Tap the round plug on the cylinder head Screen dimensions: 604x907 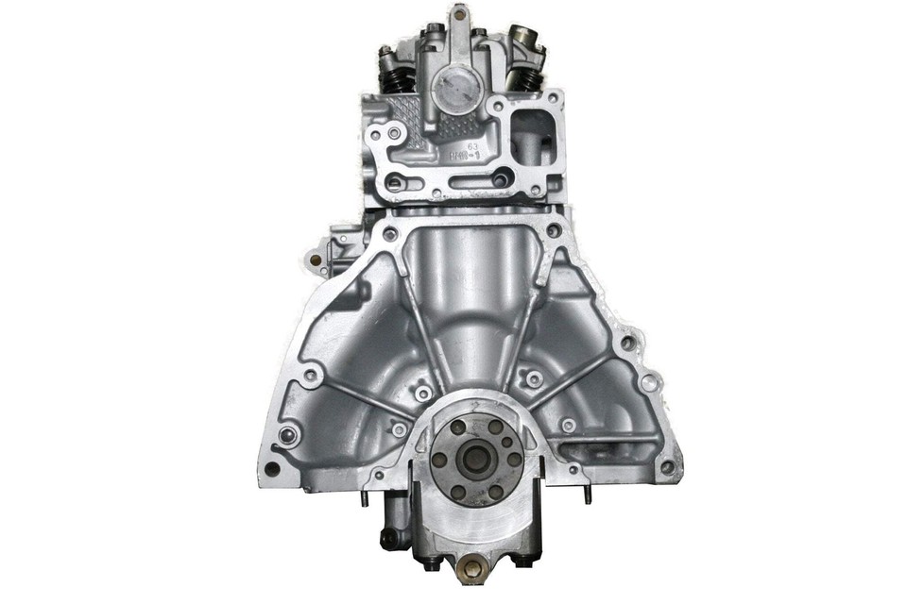[457, 92]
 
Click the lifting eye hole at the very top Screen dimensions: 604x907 [459, 14]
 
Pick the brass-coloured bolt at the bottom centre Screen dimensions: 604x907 [470, 571]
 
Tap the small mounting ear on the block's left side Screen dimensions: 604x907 [316, 257]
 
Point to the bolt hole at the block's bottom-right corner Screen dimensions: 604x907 [667, 466]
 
